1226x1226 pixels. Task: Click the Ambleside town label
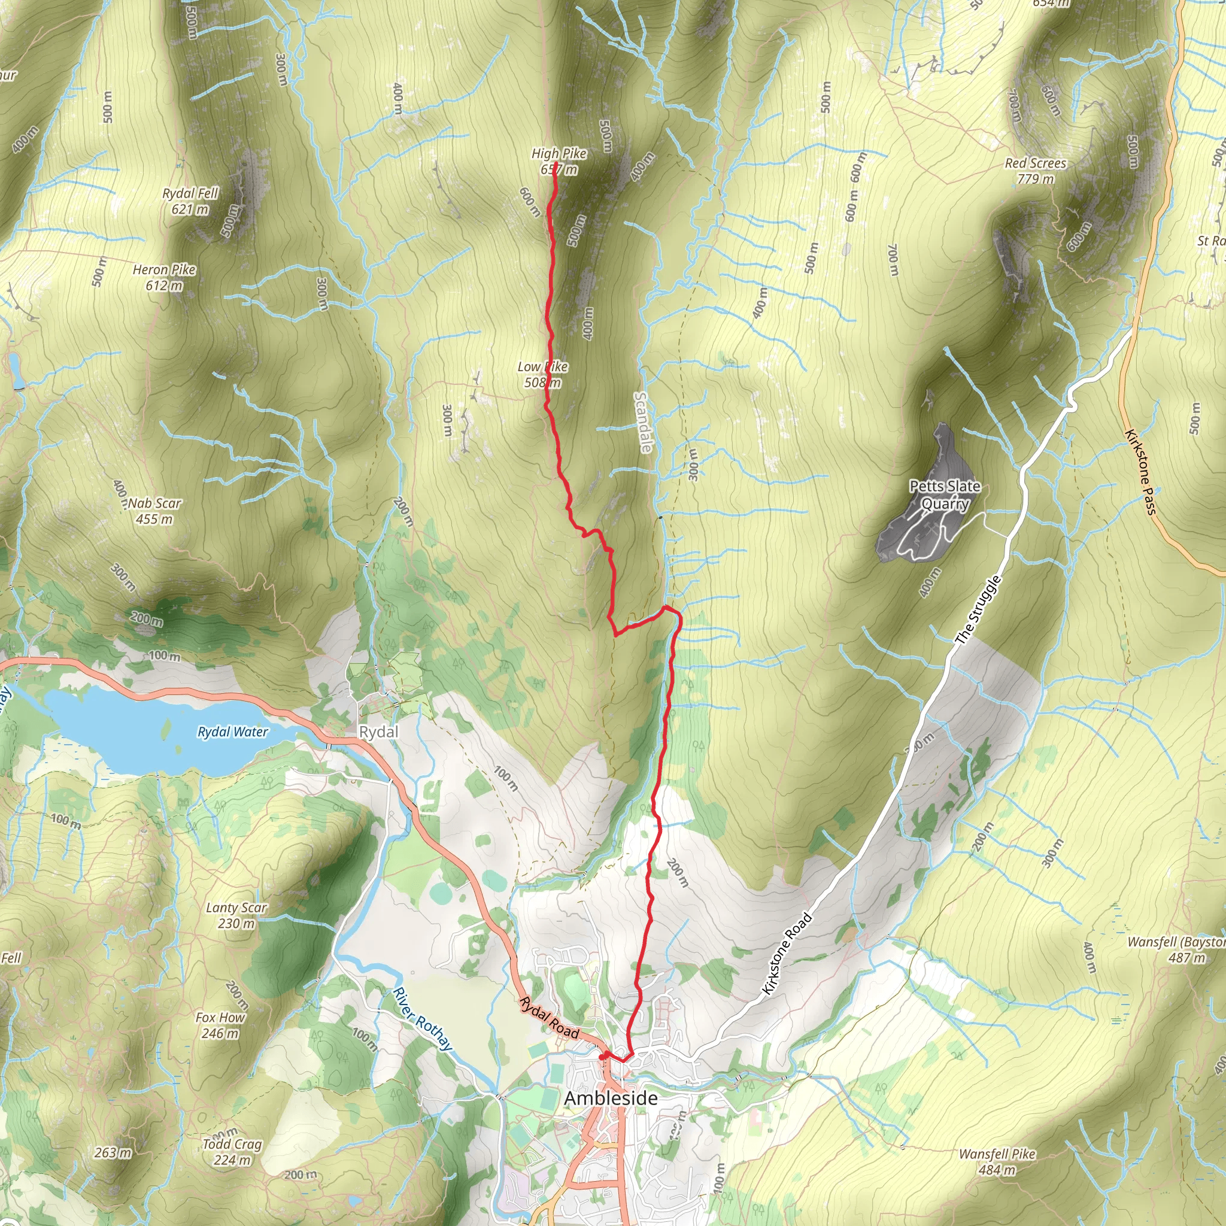coord(611,1098)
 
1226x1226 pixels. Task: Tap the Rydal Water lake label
coord(233,732)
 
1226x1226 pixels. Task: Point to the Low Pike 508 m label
coord(542,374)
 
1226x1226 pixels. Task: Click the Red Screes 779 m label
coord(1036,171)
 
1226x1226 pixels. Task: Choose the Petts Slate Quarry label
coord(945,495)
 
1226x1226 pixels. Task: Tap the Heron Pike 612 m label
coord(165,277)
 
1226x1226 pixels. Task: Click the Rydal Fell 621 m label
coord(190,201)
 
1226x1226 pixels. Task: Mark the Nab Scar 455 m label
coord(155,511)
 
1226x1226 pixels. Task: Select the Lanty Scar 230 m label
coord(236,916)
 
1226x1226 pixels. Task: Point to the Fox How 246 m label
coord(220,1025)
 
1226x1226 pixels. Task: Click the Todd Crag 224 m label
coord(232,1152)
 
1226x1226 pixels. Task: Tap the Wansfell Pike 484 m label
coord(997,1161)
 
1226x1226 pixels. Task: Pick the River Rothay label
coord(423,1019)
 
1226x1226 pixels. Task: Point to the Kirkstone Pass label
coord(1141,472)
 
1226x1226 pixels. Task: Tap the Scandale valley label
coord(644,423)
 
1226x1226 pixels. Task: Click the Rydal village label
coord(379,732)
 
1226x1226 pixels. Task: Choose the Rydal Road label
coord(550,1018)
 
